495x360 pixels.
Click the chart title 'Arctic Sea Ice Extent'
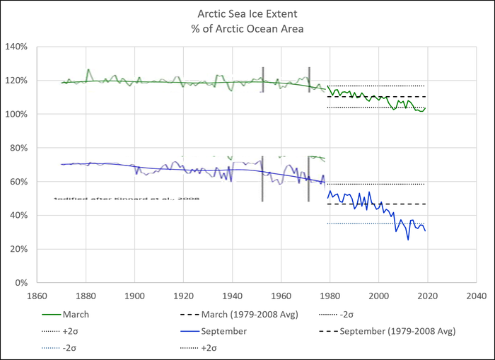point(246,12)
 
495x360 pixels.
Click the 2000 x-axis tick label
point(379,296)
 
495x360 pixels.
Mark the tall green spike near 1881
point(88,70)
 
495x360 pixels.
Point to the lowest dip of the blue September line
point(408,240)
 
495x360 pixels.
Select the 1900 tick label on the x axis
point(134,296)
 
